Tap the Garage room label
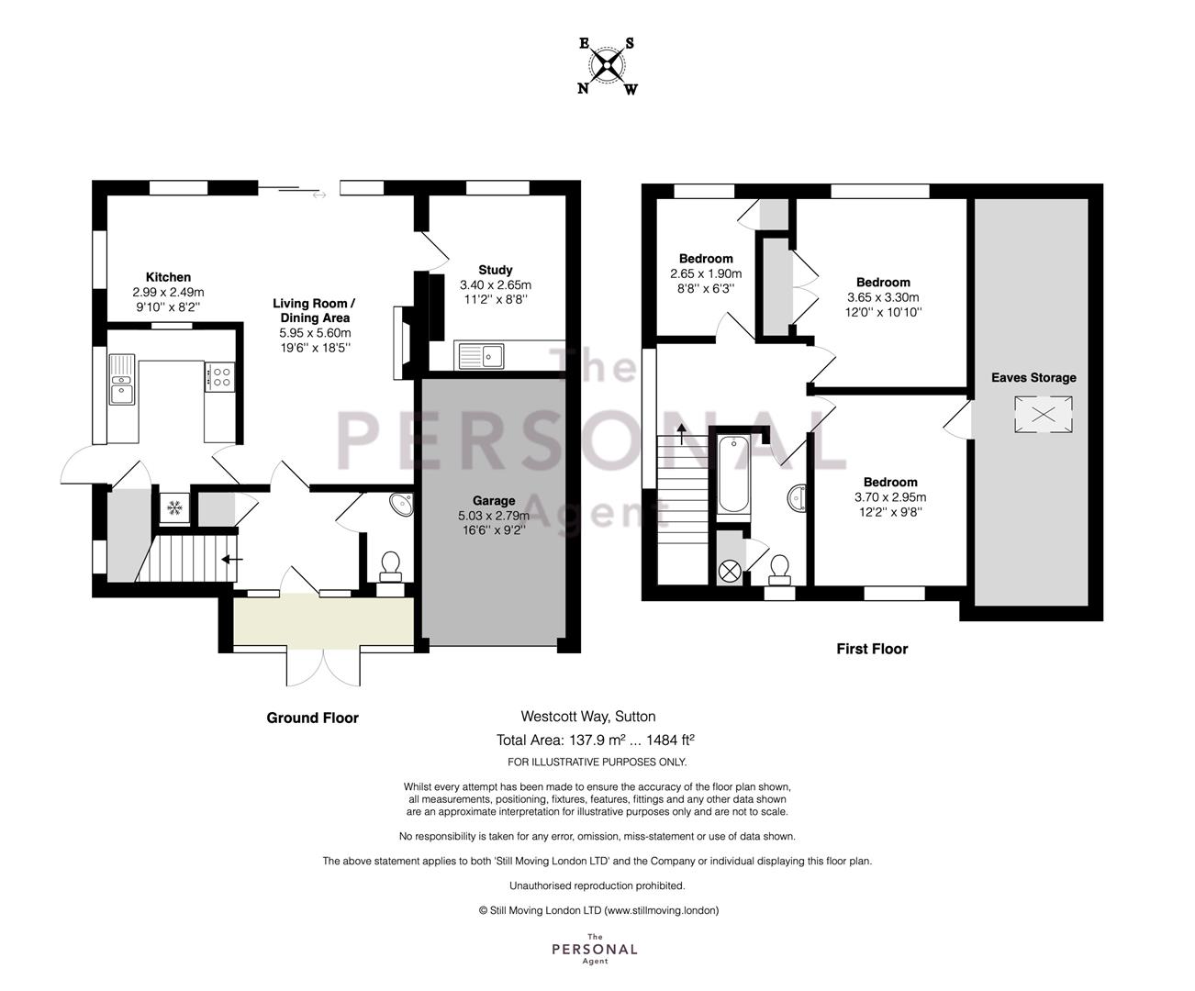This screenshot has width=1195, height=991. point(494,501)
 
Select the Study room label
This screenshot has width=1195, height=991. point(495,270)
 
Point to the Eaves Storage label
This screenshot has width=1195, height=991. point(1033,378)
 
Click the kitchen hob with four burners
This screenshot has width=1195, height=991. point(219,377)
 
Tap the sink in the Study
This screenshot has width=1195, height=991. point(479,356)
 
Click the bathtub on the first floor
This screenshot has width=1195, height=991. point(733,474)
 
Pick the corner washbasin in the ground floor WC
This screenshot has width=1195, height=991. point(402,504)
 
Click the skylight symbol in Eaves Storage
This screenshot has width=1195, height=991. point(1044,415)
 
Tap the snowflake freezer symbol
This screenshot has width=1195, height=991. point(174,507)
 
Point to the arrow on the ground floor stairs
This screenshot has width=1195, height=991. point(232,559)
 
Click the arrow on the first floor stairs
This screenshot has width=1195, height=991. point(682,434)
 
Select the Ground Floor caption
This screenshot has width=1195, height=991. point(312,718)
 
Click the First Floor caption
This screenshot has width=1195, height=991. point(872,649)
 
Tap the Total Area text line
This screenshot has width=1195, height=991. point(596,740)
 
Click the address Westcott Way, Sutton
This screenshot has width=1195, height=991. point(587,717)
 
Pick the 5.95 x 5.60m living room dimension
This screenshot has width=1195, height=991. point(316,333)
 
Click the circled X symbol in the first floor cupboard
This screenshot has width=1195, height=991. point(730,572)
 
